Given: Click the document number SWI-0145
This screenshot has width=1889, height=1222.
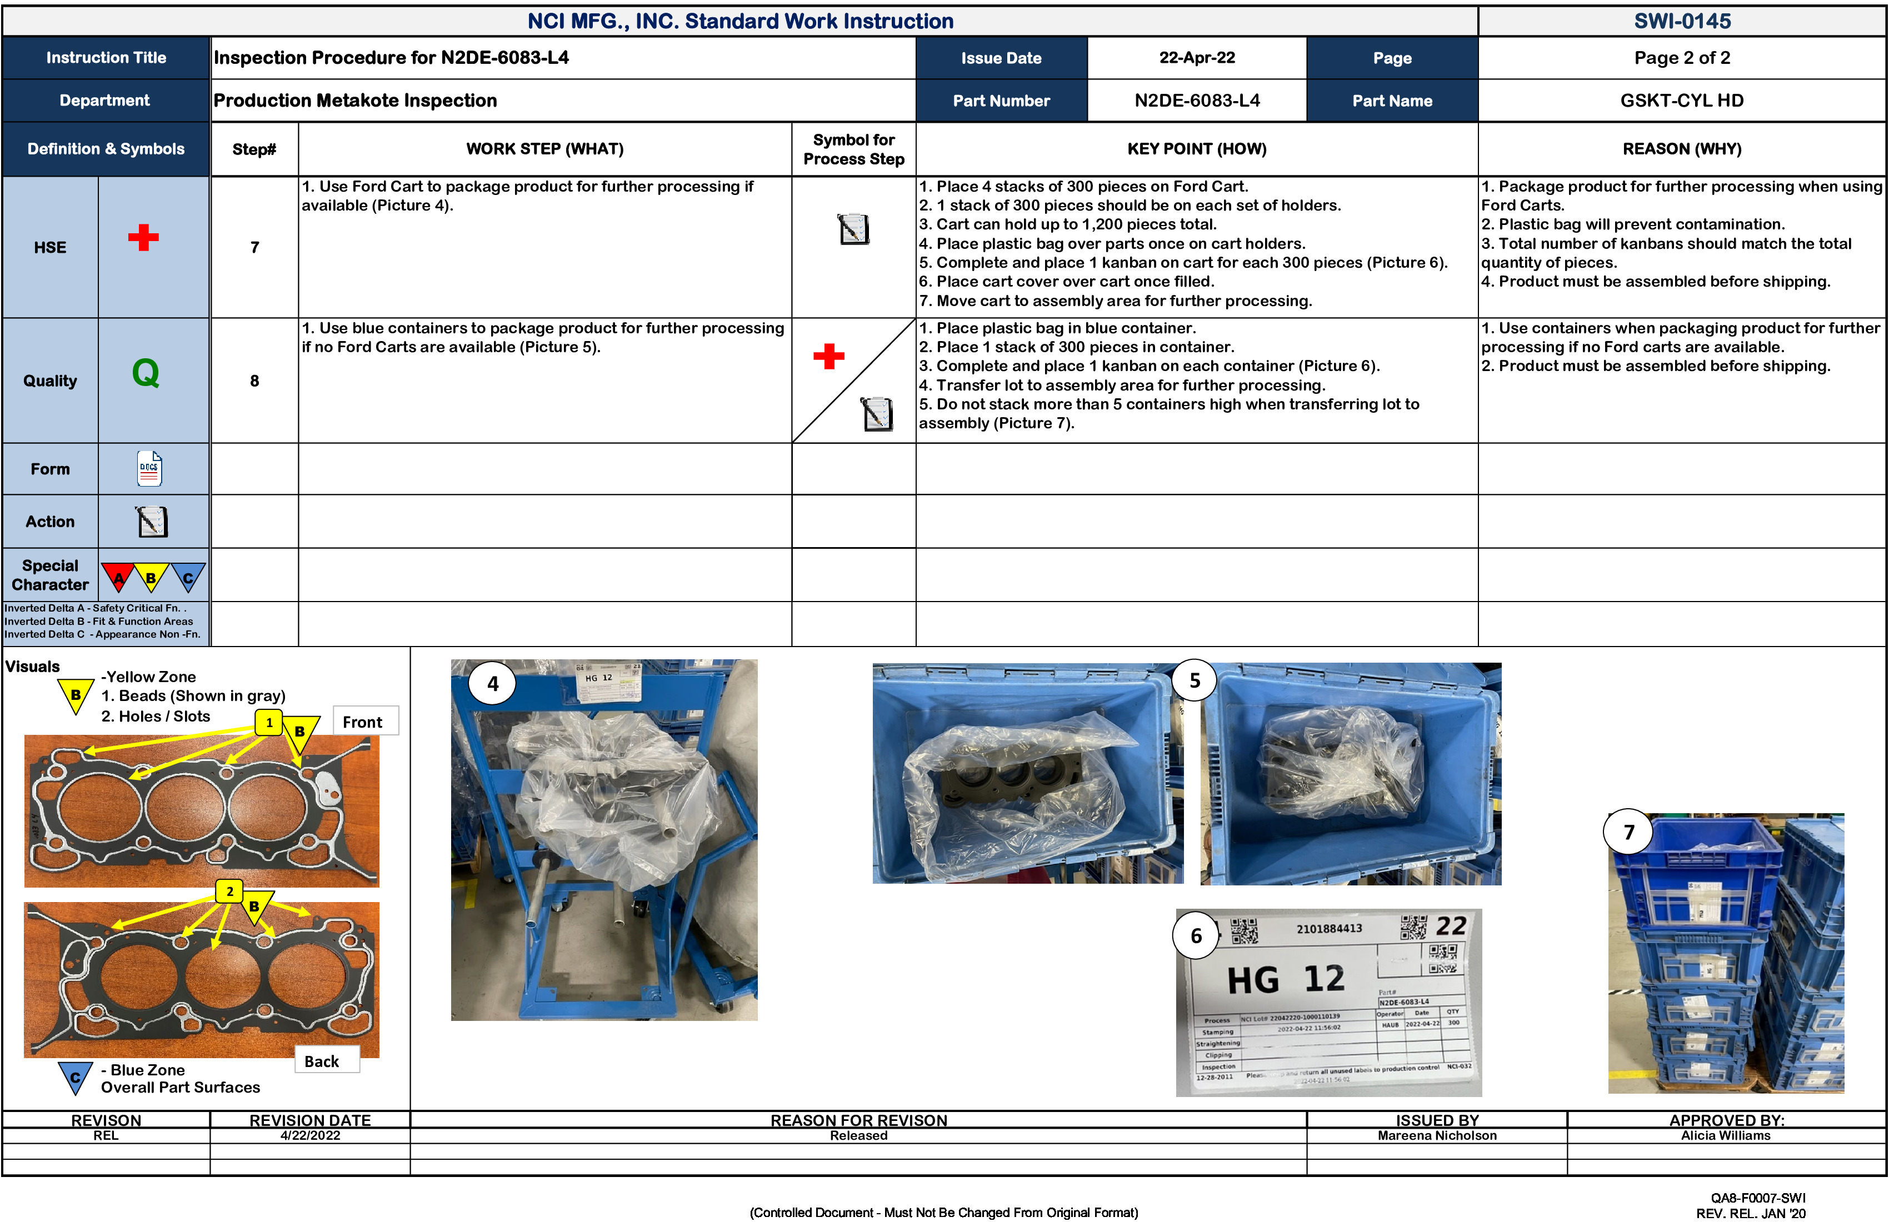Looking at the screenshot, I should (1682, 22).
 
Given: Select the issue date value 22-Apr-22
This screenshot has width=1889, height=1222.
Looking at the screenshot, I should (1197, 58).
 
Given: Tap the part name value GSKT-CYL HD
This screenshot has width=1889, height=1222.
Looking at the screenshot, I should (1682, 101).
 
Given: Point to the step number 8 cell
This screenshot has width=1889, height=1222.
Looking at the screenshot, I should (255, 381).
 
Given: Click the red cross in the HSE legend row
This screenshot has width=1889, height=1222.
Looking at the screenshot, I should (144, 237).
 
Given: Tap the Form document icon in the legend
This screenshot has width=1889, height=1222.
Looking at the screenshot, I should (149, 468).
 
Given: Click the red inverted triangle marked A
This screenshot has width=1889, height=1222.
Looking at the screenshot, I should (118, 577).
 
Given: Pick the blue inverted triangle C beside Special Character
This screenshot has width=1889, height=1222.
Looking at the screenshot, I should (188, 577).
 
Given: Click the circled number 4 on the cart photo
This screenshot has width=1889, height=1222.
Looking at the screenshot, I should (493, 683).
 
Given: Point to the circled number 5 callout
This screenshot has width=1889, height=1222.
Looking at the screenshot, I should (1195, 681).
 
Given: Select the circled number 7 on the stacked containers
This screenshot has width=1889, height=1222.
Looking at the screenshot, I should (1628, 832).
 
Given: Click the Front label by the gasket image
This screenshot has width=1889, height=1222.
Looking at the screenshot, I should (363, 722).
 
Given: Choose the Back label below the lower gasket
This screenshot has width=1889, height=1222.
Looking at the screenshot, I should (322, 1061).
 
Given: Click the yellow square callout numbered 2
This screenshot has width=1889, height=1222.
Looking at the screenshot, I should (229, 891).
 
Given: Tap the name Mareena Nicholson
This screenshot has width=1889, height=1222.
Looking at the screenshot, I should (1437, 1135).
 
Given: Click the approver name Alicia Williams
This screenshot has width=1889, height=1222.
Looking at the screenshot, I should (1726, 1135).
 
